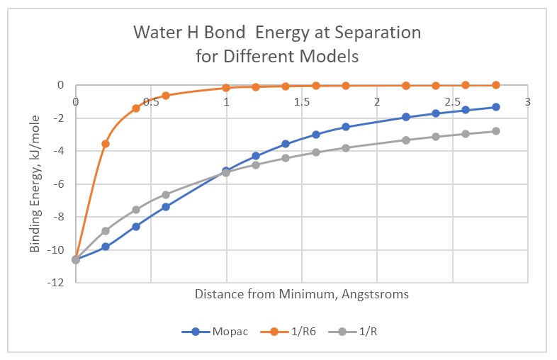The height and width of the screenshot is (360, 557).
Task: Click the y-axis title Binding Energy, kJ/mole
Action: tap(35, 183)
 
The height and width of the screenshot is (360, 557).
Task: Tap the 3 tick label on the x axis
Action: tap(527, 101)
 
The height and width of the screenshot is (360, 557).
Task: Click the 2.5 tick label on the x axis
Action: tap(452, 101)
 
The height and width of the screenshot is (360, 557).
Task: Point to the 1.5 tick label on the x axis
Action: tap(301, 101)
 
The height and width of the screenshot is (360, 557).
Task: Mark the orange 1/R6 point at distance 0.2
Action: tap(106, 144)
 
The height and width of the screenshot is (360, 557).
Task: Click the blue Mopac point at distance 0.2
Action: tap(106, 247)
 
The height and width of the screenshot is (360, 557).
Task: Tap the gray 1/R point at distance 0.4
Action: tap(136, 210)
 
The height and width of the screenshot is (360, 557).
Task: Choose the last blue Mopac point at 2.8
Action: tap(496, 107)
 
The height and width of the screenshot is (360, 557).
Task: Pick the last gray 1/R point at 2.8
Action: tap(496, 131)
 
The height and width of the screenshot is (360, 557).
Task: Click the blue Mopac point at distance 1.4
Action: tap(286, 144)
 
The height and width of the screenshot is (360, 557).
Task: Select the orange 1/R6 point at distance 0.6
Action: tap(166, 95)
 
